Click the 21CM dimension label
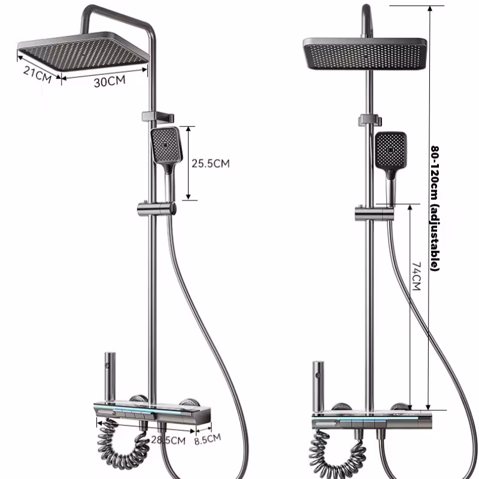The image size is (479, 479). pyautogui.click(x=37, y=75)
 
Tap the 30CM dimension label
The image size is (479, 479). pyautogui.click(x=110, y=81)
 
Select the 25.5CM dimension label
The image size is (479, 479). pyautogui.click(x=211, y=163)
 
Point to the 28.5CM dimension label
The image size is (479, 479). pyautogui.click(x=168, y=440)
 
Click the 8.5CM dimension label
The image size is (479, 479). pyautogui.click(x=208, y=439)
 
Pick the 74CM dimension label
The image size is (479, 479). pyautogui.click(x=416, y=276)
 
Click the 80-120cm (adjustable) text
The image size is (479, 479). pyautogui.click(x=435, y=208)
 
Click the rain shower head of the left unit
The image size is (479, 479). pyautogui.click(x=83, y=51)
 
